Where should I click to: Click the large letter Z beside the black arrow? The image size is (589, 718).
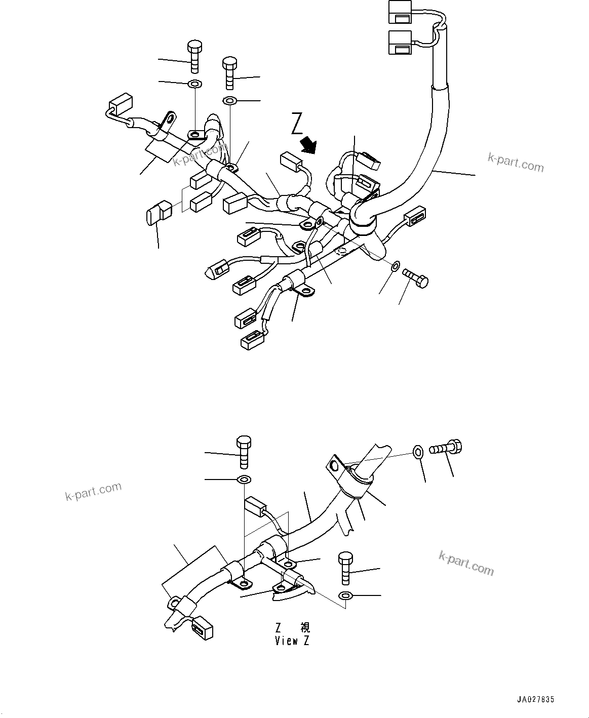[297, 124]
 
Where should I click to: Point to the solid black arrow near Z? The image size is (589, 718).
[307, 145]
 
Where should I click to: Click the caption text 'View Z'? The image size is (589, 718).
[292, 641]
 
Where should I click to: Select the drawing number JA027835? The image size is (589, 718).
[536, 699]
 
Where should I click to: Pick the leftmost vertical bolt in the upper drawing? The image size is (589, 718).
[193, 57]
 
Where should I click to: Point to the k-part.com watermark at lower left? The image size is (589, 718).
[93, 491]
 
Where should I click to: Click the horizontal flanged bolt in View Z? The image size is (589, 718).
[446, 449]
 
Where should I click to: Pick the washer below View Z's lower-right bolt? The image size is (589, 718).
[345, 595]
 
